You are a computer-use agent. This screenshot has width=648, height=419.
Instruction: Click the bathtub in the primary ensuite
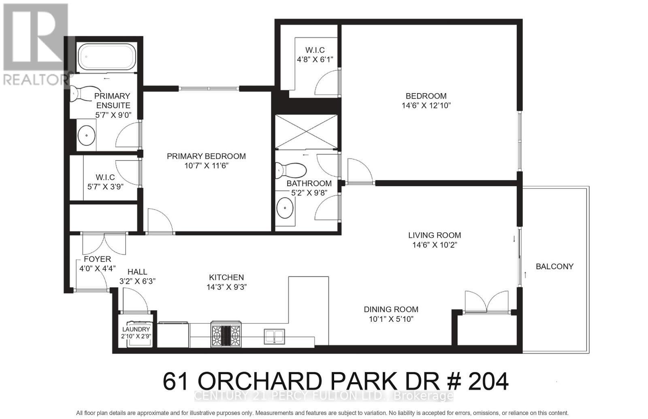click(106, 57)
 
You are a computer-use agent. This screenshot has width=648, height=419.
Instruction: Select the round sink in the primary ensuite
click(86, 136)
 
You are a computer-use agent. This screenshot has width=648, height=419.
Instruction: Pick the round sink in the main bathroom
click(285, 209)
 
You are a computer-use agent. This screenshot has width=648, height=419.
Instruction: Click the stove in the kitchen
click(226, 334)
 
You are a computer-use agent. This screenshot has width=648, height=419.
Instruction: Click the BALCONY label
click(554, 266)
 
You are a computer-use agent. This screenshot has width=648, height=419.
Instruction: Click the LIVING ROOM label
click(434, 235)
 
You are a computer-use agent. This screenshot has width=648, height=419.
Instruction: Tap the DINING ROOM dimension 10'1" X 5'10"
click(391, 319)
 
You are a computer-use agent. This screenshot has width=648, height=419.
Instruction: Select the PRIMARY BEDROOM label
click(206, 156)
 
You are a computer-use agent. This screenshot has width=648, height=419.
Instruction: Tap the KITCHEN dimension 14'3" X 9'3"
click(226, 287)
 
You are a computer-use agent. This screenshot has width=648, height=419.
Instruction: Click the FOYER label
click(97, 259)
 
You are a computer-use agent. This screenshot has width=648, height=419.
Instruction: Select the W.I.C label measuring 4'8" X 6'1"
click(315, 50)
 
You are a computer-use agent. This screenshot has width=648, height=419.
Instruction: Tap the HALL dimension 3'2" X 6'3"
click(137, 281)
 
